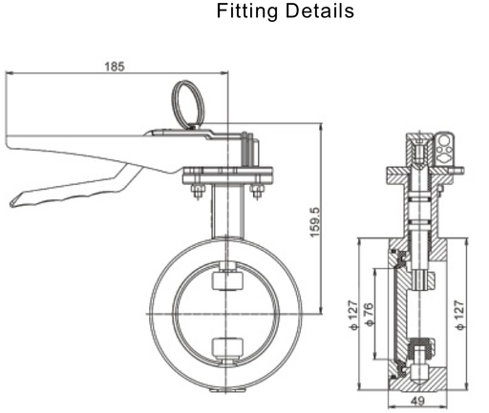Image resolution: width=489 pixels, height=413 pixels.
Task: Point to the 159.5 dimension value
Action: [314, 221]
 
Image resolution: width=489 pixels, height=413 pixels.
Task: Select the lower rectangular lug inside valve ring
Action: [226, 347]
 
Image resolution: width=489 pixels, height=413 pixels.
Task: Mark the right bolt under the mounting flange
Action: [256, 195]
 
